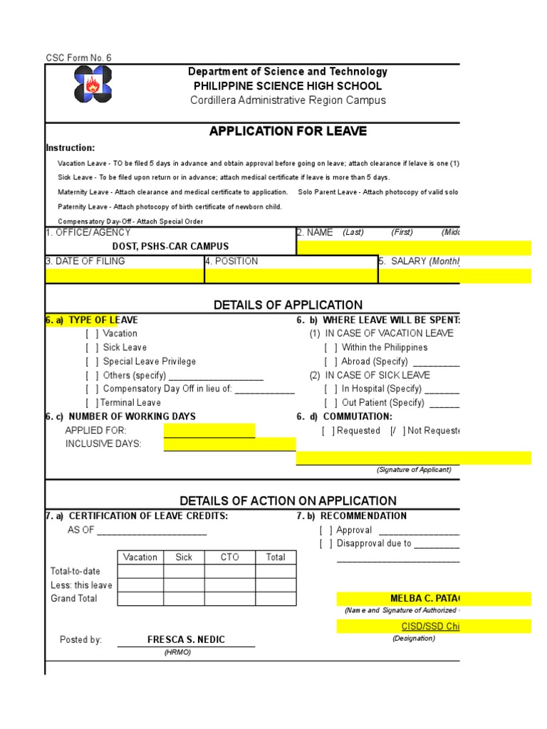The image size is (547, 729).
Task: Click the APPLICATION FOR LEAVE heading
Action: tap(288, 131)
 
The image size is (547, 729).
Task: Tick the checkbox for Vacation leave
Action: tap(93, 334)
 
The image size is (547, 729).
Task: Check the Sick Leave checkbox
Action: tap(93, 347)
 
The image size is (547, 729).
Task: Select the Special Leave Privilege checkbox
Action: tap(93, 362)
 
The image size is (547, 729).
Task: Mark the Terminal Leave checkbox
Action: tap(93, 403)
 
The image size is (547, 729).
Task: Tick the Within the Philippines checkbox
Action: tap(331, 347)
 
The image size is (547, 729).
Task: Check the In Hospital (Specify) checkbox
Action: tap(331, 389)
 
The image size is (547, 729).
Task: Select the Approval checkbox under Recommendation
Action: tap(326, 530)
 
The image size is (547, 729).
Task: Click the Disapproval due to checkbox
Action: tap(326, 544)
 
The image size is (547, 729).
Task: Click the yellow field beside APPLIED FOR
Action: tap(209, 431)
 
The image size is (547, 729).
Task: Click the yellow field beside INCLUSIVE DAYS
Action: tap(229, 444)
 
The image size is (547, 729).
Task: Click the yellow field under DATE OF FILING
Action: tap(125, 276)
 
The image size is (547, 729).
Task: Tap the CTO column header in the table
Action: tap(229, 557)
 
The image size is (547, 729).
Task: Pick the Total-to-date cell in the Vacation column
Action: tap(140, 572)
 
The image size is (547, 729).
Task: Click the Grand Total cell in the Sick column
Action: tap(184, 599)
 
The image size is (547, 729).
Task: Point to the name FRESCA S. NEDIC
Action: tap(186, 640)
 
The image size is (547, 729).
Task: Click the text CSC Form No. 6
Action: tap(78, 58)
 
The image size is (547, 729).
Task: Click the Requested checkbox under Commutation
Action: tap(328, 431)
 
